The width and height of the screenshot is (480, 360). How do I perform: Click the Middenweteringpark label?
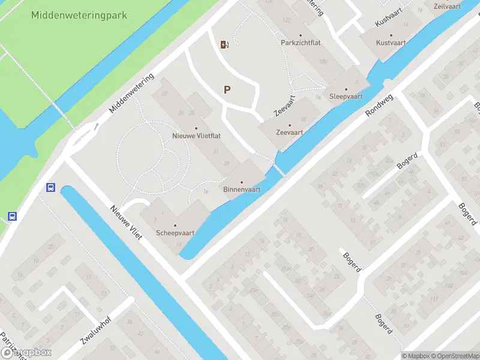(79, 15)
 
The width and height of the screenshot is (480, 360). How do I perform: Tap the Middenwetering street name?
(132, 94)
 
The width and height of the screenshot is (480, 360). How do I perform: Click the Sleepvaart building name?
(346, 96)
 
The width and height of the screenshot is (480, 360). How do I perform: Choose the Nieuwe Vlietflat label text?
(196, 136)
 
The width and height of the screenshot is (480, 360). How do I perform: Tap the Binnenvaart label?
(242, 190)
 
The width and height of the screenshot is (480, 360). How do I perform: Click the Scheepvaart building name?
(175, 232)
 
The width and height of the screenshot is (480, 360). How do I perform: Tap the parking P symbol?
(227, 90)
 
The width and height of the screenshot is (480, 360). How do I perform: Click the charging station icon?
(224, 44)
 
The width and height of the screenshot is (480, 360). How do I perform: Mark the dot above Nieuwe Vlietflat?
(196, 128)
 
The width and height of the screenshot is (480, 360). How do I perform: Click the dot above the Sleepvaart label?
(346, 88)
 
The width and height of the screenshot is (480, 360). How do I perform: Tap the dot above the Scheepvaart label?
(175, 225)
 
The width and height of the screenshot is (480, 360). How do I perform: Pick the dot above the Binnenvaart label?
(242, 182)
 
